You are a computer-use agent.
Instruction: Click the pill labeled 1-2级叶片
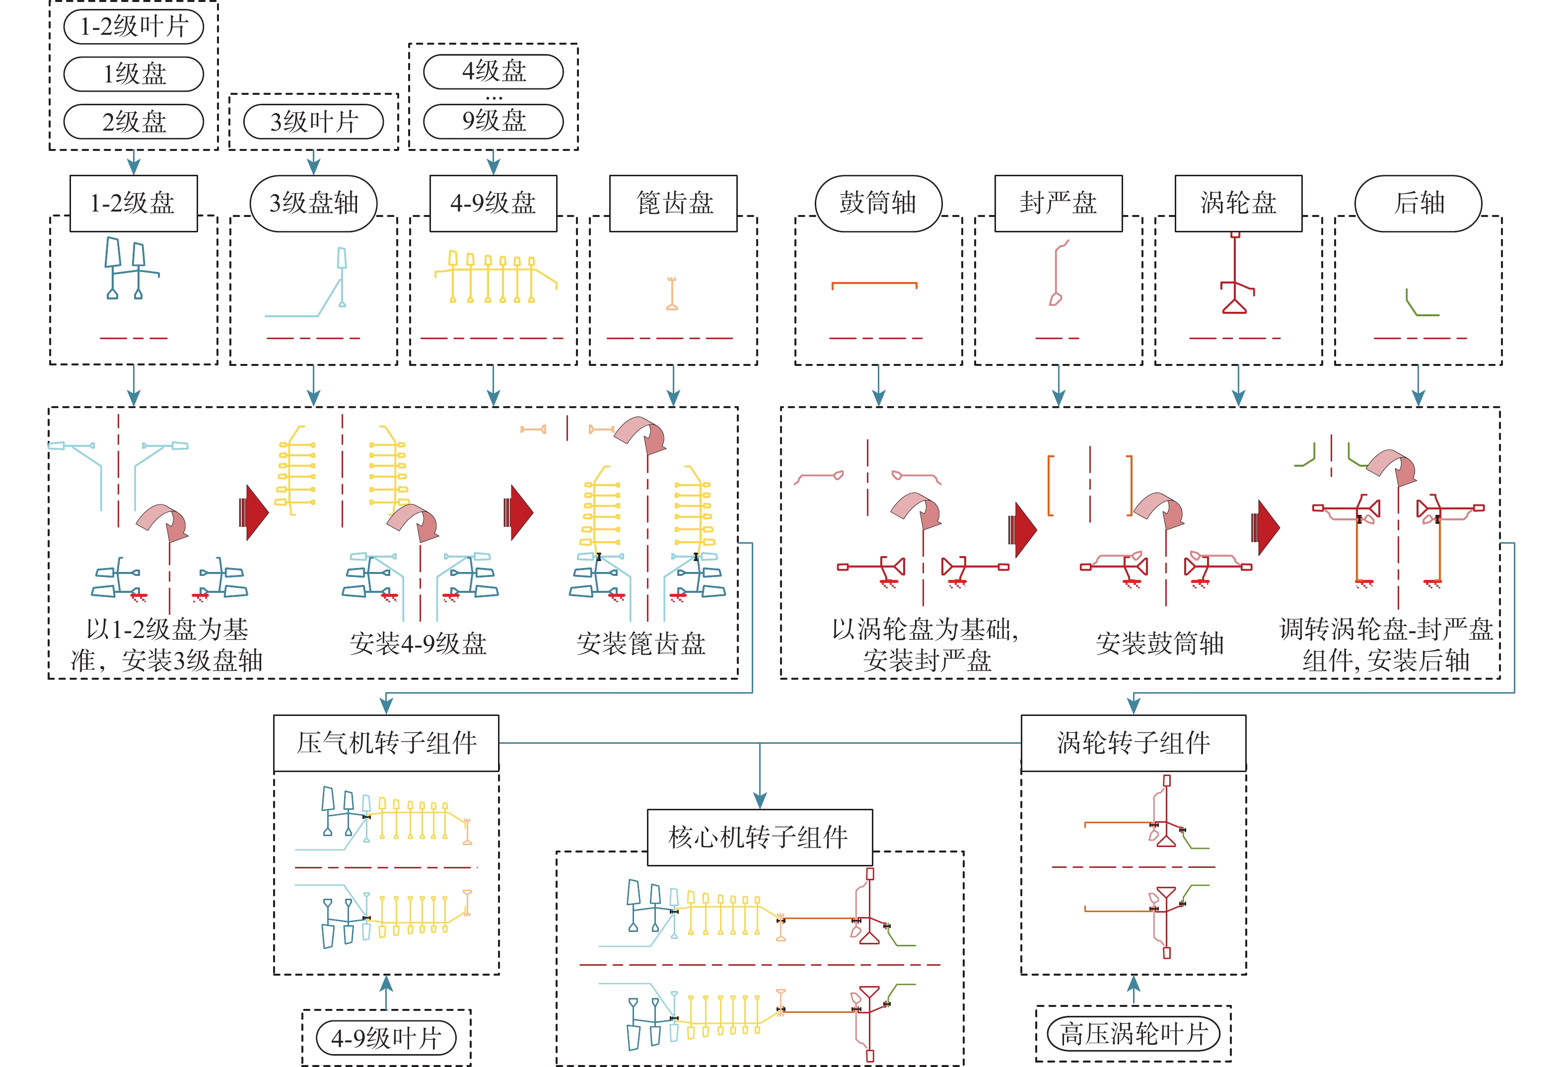(133, 27)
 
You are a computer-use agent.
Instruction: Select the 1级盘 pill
(133, 74)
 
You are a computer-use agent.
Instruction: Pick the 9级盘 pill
(494, 121)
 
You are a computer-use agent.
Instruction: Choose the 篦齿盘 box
(673, 203)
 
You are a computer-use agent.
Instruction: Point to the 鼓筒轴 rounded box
(878, 203)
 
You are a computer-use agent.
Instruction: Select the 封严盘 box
(1058, 203)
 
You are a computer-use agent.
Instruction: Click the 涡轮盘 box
(1238, 203)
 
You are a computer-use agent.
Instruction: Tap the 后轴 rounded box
(1418, 203)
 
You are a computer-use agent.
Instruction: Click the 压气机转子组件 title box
(386, 743)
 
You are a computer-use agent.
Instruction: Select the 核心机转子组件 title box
(759, 838)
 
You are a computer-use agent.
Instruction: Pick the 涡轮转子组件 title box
(1134, 743)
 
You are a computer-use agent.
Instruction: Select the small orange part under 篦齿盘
(672, 294)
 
